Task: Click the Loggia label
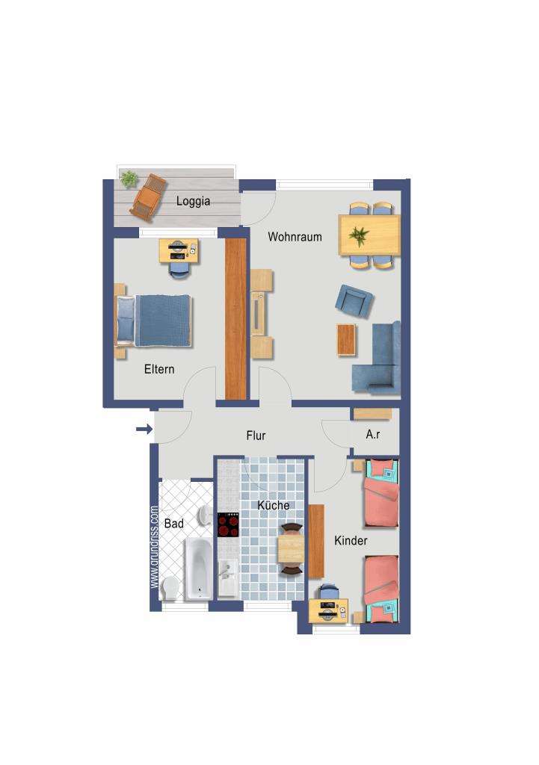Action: tap(193, 201)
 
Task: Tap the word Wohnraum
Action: tap(295, 237)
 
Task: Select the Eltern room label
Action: tap(158, 369)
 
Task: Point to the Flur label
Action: tap(256, 435)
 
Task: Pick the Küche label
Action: tap(273, 506)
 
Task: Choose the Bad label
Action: tap(173, 524)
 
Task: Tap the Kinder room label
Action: tap(351, 540)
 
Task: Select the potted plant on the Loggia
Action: tap(129, 179)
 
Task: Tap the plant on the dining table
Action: tap(360, 236)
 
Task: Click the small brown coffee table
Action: tap(346, 339)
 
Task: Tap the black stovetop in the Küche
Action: tap(227, 524)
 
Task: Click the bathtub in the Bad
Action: tap(198, 569)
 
